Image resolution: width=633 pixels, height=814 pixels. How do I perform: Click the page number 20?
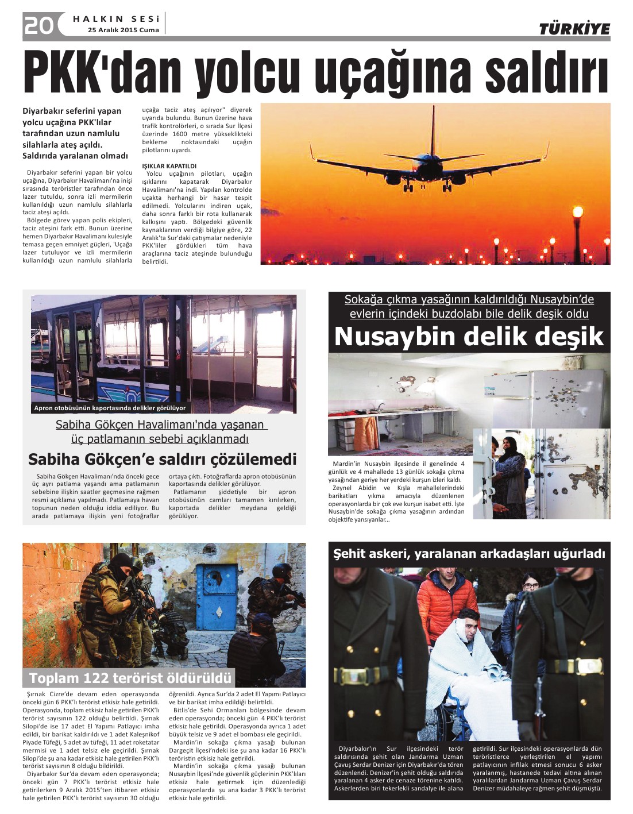point(38,25)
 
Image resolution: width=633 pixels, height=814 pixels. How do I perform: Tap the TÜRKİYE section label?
point(574,29)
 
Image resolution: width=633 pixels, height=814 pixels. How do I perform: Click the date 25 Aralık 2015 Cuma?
point(123,30)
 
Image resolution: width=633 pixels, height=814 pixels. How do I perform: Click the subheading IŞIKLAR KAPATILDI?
point(169,166)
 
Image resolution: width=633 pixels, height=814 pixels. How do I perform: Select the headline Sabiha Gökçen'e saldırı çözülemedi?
point(163,460)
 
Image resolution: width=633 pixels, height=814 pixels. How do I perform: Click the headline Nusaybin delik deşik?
point(469,337)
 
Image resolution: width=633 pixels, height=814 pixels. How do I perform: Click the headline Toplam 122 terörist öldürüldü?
point(130,678)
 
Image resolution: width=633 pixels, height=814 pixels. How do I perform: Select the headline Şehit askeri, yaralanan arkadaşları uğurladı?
point(469,554)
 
